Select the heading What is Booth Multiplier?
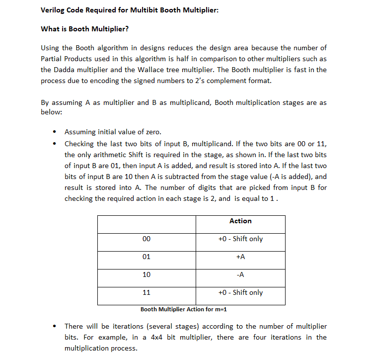tap(84, 29)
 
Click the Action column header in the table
tap(240, 221)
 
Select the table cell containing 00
tap(146, 239)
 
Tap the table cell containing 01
tap(146, 257)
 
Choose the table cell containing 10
tap(146, 275)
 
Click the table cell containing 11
tap(146, 293)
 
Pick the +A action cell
tap(240, 257)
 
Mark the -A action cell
tap(240, 275)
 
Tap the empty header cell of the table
tap(146, 224)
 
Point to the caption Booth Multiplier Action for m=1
tap(183, 309)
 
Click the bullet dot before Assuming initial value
tap(54, 132)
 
